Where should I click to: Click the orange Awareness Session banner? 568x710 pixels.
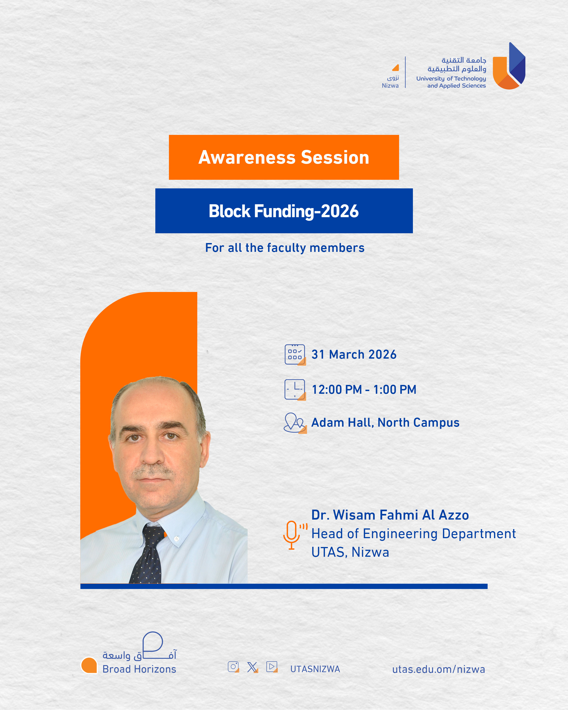pos(284,157)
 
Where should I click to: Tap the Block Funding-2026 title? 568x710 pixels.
pos(284,211)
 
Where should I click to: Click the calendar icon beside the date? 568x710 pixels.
pos(295,355)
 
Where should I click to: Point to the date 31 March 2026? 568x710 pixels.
pos(354,354)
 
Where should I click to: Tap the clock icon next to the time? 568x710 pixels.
pos(295,390)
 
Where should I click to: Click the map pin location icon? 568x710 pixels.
pos(295,423)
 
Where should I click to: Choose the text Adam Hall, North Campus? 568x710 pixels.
pos(385,423)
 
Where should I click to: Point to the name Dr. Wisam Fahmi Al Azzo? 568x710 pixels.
pos(390,515)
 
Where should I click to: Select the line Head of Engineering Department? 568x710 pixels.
pos(414,534)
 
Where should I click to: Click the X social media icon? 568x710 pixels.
pos(252,667)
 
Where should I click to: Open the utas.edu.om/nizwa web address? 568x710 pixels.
pos(439,669)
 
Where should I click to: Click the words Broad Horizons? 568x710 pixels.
pos(139,669)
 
